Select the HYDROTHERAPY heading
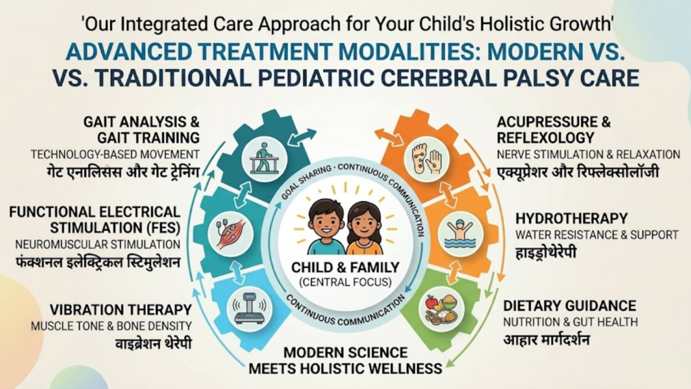[x=572, y=219]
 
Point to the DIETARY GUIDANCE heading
[x=570, y=306]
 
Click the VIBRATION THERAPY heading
[x=121, y=309]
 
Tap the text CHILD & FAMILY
[x=345, y=268]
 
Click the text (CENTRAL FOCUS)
[x=345, y=282]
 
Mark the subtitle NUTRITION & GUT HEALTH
[x=571, y=322]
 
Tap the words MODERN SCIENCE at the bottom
[x=345, y=353]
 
